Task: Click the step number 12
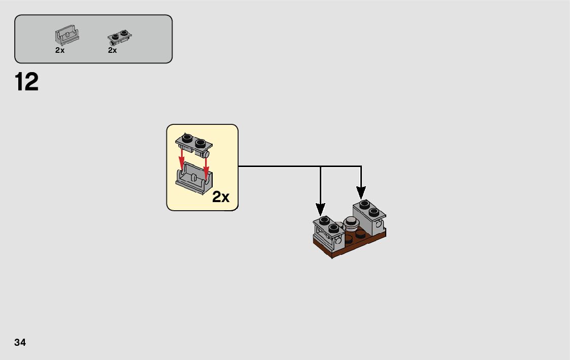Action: [27, 82]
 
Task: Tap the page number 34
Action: [20, 342]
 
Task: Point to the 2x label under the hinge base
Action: [60, 50]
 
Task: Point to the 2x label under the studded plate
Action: [112, 50]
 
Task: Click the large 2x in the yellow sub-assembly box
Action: [221, 197]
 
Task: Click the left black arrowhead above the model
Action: [320, 209]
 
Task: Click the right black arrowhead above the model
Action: [361, 192]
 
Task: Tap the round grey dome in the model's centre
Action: [351, 221]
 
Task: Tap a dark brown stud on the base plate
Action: [360, 234]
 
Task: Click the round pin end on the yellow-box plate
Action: [207, 153]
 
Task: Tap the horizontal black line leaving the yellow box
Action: [279, 166]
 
